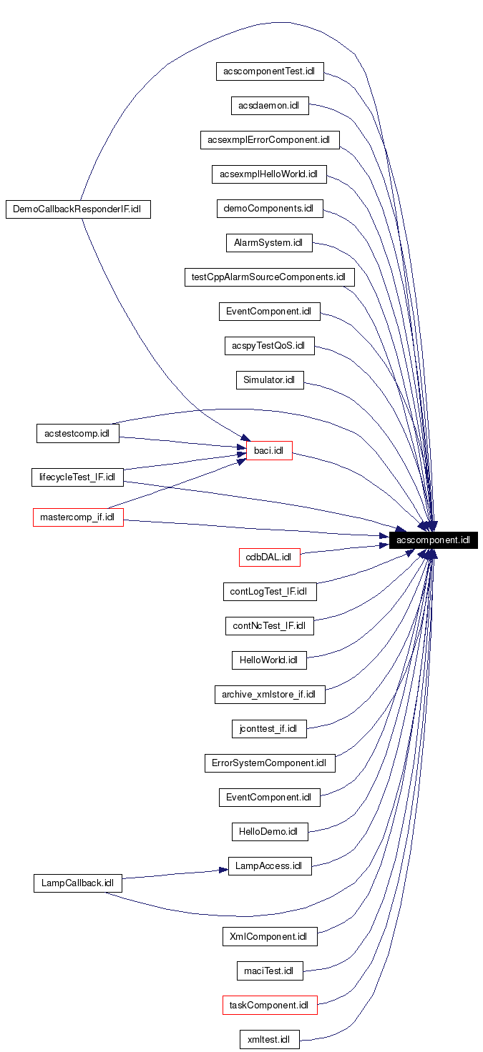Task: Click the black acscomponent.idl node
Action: coord(433,540)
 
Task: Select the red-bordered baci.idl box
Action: coord(268,451)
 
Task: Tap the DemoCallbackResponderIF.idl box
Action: coord(78,209)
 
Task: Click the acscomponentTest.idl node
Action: coord(270,71)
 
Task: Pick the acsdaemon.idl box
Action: coord(269,105)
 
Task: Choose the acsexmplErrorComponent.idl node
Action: coord(269,140)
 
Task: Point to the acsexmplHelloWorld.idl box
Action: coord(269,174)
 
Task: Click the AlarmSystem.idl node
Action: coord(268,243)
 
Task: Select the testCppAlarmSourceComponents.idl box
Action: coord(269,277)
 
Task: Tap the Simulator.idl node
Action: coord(269,380)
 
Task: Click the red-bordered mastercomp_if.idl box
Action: coord(78,517)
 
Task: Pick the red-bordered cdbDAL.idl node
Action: coord(269,557)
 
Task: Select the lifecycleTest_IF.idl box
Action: coord(78,477)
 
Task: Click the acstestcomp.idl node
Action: coord(77,434)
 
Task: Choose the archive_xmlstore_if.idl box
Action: coord(269,695)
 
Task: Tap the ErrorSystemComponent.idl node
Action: coord(269,763)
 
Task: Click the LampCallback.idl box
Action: coord(77,883)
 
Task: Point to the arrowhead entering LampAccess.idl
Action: coord(223,870)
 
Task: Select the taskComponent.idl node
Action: coord(269,1005)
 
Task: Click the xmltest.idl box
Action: coord(269,1039)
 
